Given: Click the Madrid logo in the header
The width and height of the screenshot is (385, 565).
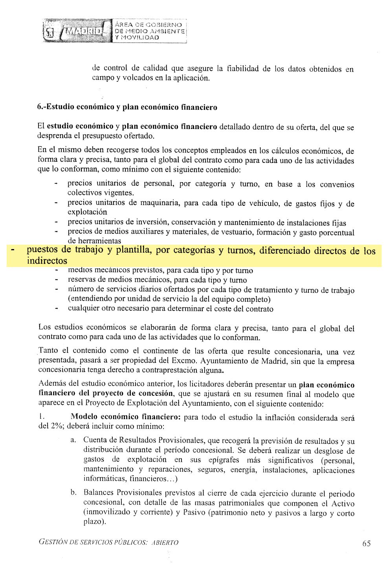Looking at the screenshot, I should (77, 31).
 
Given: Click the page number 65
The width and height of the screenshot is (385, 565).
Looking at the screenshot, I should (366, 543).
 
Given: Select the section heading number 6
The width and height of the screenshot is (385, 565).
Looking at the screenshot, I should (40, 107).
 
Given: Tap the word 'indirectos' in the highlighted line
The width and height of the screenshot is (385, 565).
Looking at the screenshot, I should (47, 261).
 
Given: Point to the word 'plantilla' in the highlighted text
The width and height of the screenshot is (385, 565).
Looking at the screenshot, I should (133, 250).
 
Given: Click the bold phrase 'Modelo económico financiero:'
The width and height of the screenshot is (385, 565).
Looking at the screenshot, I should (125, 417).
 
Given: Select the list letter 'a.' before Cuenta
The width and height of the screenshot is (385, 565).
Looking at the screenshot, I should (73, 440).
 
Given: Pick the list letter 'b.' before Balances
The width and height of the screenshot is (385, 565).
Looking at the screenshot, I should (73, 492).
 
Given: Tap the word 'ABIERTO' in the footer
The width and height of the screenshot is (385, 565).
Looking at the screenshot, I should (165, 543).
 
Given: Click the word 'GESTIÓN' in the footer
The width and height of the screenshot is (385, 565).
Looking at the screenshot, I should (53, 542).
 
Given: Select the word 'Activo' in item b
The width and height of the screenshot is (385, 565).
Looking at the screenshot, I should (343, 504).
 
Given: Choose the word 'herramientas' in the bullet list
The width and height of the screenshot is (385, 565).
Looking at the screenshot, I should (94, 241).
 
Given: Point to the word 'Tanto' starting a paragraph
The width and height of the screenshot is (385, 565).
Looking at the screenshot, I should (48, 351).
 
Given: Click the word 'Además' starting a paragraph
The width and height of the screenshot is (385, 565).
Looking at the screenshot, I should (52, 383).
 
